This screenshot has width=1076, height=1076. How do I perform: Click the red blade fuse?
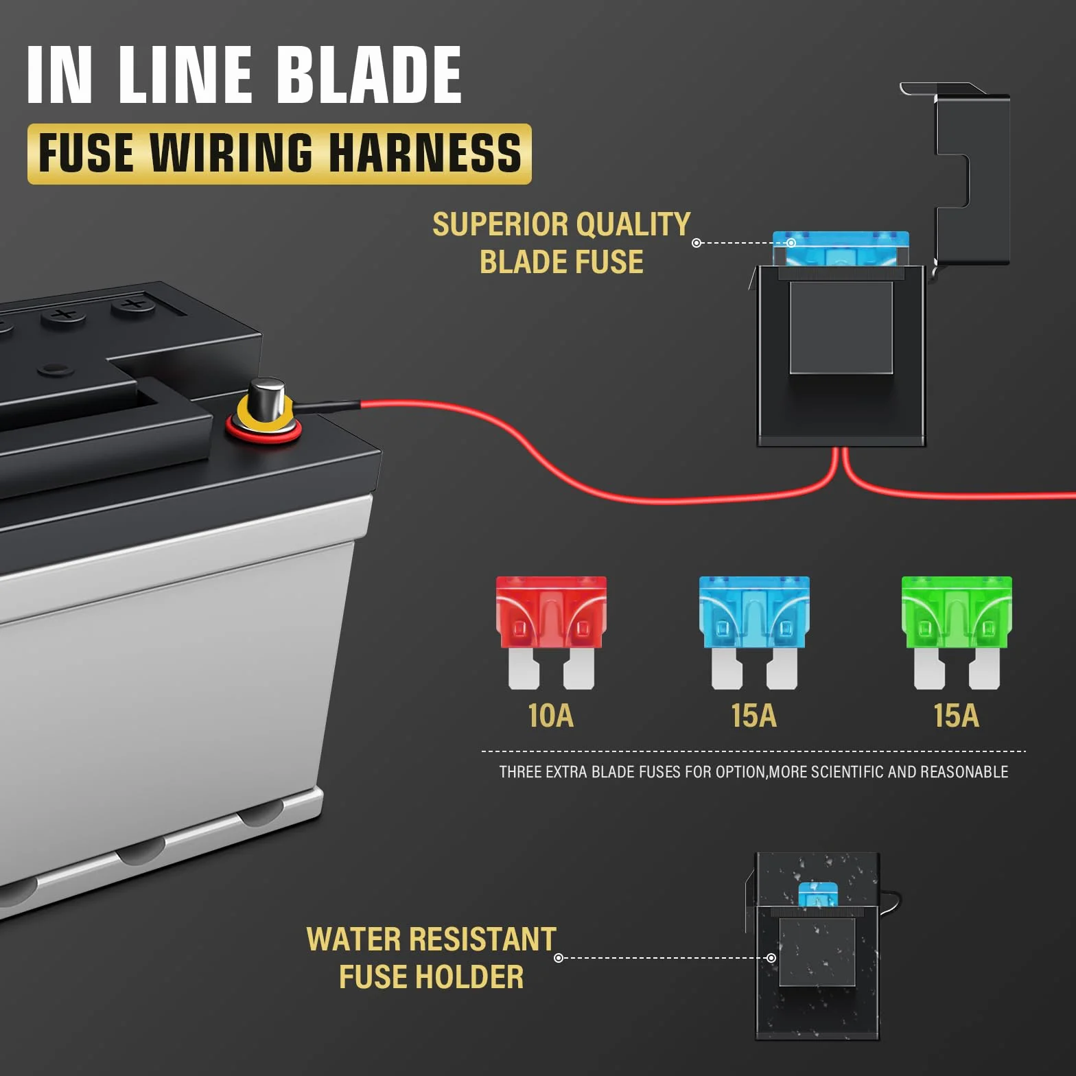pos(551,632)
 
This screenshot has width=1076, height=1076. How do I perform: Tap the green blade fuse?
pos(957,632)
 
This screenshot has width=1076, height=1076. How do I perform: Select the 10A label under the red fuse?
pos(550,715)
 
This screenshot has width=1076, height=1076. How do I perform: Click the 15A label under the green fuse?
pos(956,715)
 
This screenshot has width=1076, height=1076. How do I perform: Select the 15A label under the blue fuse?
pos(753,715)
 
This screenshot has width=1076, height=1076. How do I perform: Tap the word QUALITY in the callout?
pos(633,224)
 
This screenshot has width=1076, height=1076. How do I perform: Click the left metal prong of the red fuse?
pos(524,668)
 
